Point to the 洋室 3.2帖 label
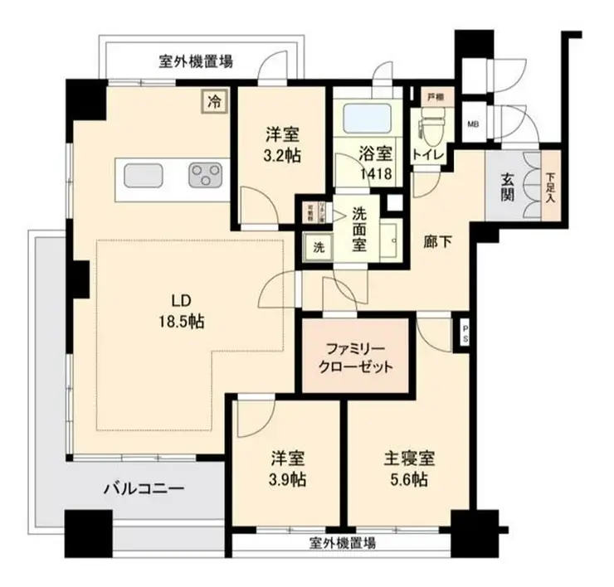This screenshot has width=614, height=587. (283, 143)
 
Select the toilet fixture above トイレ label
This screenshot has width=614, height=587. (430, 129)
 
